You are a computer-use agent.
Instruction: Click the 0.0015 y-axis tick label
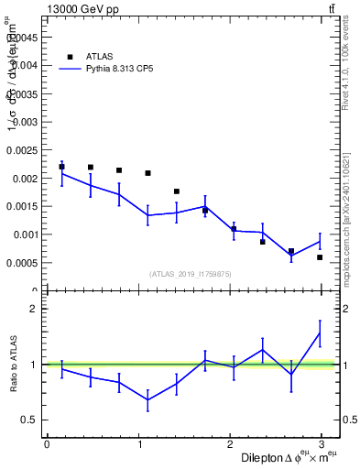coord(25,206)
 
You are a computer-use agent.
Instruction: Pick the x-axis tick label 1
coord(139,444)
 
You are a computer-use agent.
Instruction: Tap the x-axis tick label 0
coord(47,444)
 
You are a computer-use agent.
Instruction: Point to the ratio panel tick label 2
coord(33,309)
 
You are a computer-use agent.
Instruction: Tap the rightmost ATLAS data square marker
coord(320,257)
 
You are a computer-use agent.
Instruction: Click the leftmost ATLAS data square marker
coord(61,167)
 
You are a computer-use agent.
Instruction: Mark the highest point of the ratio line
coord(320,333)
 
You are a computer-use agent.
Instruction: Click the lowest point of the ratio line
coord(147,399)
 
